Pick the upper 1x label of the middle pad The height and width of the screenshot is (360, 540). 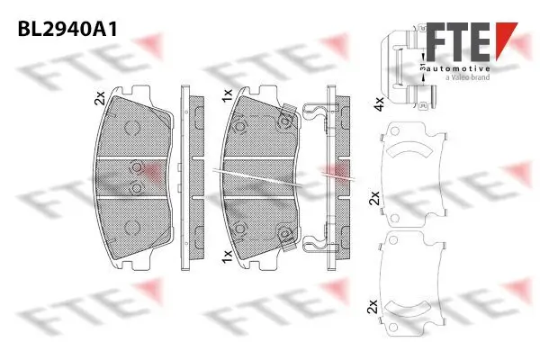coord(228,93)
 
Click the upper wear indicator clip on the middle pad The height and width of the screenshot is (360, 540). coord(287,114)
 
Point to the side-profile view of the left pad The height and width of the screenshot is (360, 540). coord(186,176)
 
